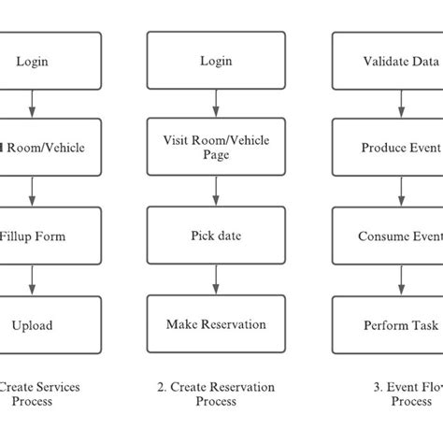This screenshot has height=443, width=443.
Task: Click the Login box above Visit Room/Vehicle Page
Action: tap(216, 61)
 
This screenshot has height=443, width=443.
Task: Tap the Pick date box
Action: tap(216, 236)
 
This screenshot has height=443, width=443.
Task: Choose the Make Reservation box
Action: tap(216, 324)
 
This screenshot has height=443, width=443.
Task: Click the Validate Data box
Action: tap(388, 61)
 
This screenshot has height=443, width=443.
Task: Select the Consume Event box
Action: tap(388, 236)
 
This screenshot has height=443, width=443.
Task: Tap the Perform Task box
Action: tap(388, 324)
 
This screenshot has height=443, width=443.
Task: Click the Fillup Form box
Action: tap(37, 236)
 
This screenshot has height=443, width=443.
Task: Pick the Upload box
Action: tap(37, 324)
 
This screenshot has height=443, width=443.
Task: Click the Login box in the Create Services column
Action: tap(37, 61)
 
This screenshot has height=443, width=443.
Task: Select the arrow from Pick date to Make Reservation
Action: tap(216, 280)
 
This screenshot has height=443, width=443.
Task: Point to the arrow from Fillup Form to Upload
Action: tap(34, 280)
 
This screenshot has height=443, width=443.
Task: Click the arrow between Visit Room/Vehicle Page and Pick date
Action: tap(216, 193)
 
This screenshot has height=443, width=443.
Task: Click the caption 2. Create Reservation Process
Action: tap(216, 393)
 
